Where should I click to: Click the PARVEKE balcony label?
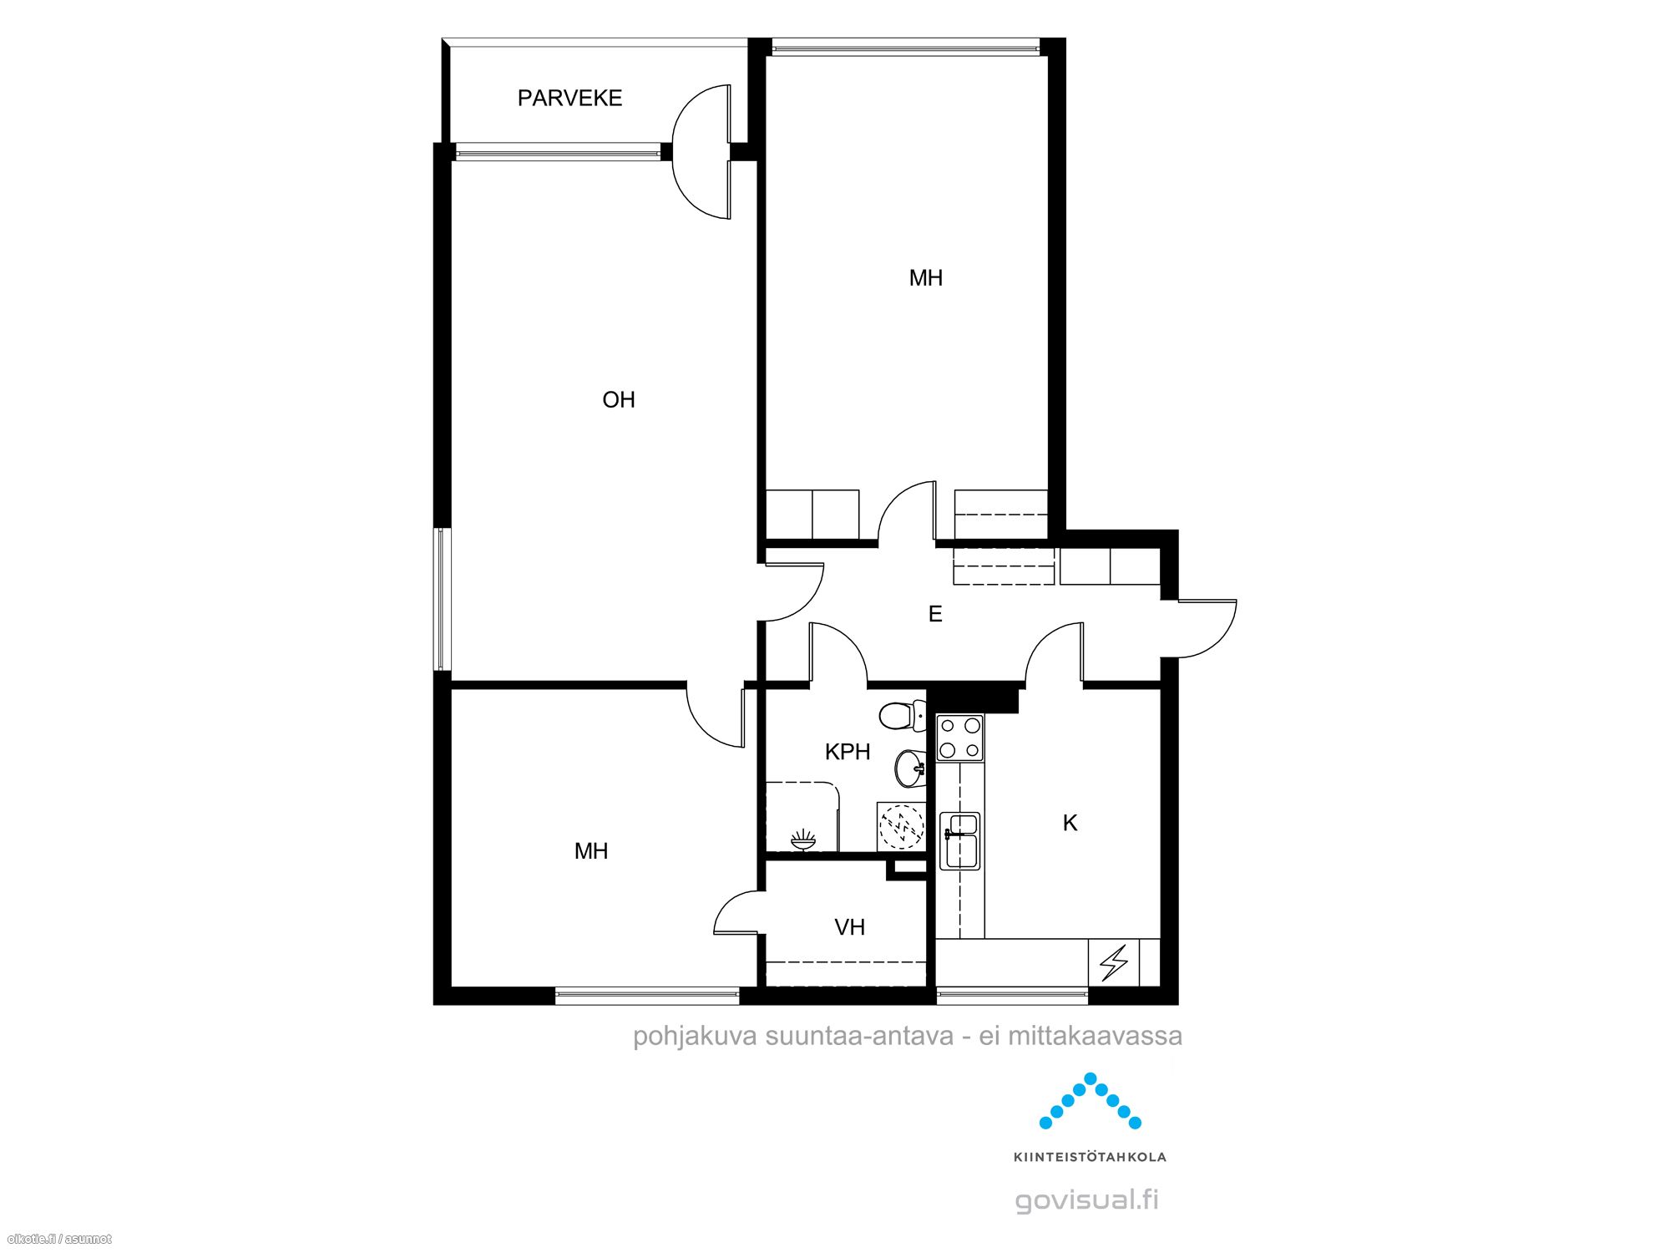[x=569, y=99]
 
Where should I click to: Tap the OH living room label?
[x=619, y=400]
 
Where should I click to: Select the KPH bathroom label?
[x=848, y=752]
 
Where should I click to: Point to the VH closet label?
[x=850, y=927]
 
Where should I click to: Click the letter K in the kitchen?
[x=1070, y=824]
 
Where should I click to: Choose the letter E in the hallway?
[x=935, y=615]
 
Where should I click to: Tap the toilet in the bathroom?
[x=902, y=716]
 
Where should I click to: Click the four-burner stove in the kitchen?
[x=959, y=738]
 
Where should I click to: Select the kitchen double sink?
[x=959, y=840]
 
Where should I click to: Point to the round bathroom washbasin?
[x=910, y=768]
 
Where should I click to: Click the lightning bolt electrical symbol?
[x=1114, y=962]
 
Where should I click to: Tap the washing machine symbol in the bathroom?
[x=901, y=826]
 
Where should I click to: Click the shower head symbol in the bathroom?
[x=802, y=840]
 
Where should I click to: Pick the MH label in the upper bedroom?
[x=926, y=278]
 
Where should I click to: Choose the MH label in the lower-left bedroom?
[x=591, y=851]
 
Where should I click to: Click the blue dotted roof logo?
[x=1091, y=1101]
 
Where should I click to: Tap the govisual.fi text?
[x=1087, y=1200]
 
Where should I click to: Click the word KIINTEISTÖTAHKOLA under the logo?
[x=1090, y=1157]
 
